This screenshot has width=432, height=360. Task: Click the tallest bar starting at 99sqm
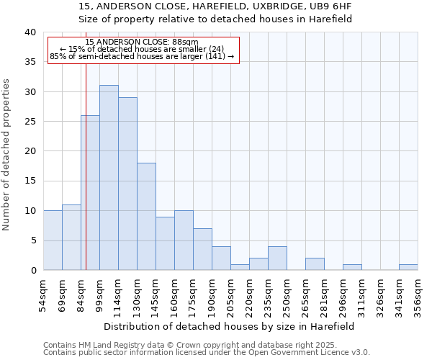coord(109,178)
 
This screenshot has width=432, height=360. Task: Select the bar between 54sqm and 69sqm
coord(53,240)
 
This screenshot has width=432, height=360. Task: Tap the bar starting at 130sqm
coord(146,217)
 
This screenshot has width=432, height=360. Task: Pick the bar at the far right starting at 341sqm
coord(408,267)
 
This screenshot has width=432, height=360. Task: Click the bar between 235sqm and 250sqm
coord(277,258)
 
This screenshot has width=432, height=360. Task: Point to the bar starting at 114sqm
coord(127,184)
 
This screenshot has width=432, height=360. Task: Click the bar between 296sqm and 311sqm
coord(352,267)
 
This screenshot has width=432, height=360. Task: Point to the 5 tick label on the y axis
coord(32,240)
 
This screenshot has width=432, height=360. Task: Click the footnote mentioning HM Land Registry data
coord(206,345)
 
